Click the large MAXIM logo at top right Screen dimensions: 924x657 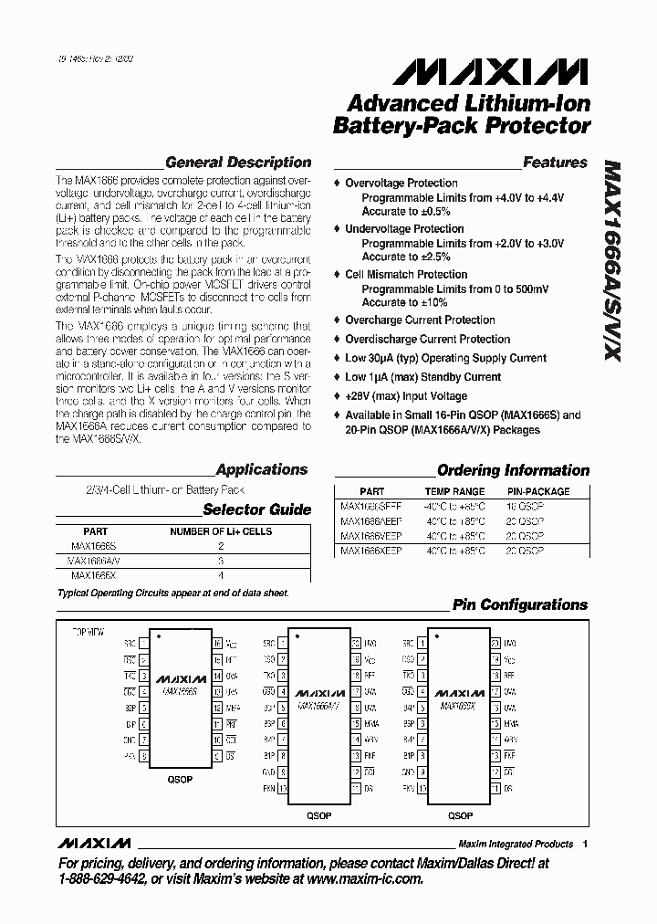(x=497, y=71)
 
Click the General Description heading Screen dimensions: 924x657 (x=238, y=163)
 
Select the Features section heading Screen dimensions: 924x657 (x=555, y=163)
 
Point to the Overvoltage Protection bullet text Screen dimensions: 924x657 (x=401, y=184)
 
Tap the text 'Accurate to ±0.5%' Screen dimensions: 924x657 (x=406, y=211)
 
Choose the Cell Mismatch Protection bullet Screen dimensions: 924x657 (x=406, y=275)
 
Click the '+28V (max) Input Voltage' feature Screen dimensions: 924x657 (x=406, y=396)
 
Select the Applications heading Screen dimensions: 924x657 (x=262, y=469)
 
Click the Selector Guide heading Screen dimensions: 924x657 (x=256, y=509)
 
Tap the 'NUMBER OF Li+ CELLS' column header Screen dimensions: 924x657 (x=222, y=531)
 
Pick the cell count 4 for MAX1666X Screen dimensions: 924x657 (x=221, y=576)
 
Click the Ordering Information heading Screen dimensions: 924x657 (x=513, y=470)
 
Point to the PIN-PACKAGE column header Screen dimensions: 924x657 (x=538, y=491)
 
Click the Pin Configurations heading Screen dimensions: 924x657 (x=520, y=604)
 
